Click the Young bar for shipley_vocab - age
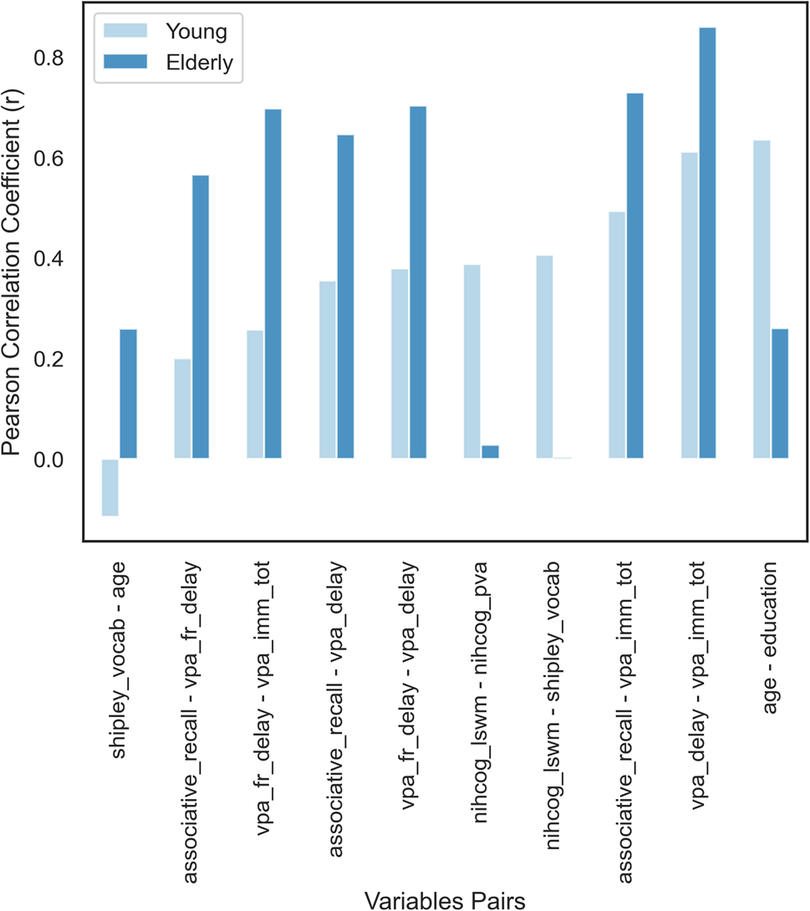pyautogui.click(x=110, y=487)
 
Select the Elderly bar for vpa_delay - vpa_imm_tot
pyautogui.click(x=707, y=243)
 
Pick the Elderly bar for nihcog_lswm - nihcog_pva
pyautogui.click(x=490, y=452)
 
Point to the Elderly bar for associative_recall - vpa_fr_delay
pyautogui.click(x=201, y=317)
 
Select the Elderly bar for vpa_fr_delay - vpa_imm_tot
pyautogui.click(x=273, y=284)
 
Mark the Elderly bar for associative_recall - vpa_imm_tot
pyautogui.click(x=634, y=276)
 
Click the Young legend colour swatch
pyautogui.click(x=124, y=30)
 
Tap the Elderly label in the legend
pyautogui.click(x=198, y=63)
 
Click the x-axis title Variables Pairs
pyautogui.click(x=445, y=899)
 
